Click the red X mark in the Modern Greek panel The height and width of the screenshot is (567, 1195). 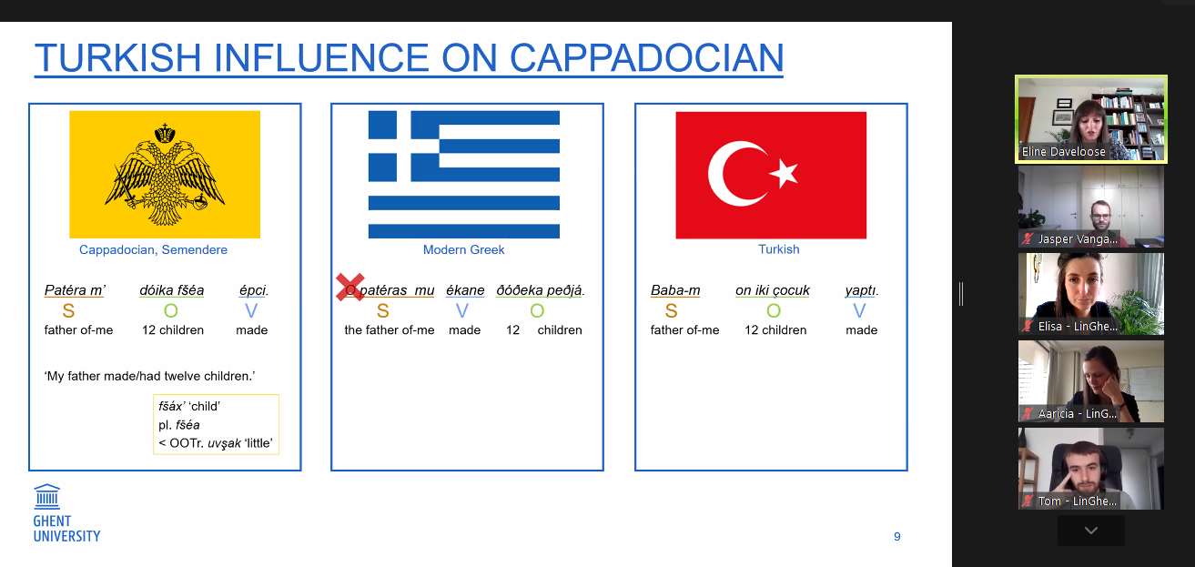(x=350, y=287)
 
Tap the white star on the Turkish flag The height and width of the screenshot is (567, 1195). (x=784, y=173)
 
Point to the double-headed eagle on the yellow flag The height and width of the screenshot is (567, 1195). (x=165, y=175)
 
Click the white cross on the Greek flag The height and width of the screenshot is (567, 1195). (x=403, y=147)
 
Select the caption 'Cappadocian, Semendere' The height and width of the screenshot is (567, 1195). (x=153, y=249)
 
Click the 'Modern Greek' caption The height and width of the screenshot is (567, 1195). (x=463, y=249)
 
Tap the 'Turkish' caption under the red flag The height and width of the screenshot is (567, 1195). (x=779, y=249)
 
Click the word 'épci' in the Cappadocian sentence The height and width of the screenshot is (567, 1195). (x=252, y=290)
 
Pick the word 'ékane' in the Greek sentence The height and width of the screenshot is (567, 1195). (x=465, y=290)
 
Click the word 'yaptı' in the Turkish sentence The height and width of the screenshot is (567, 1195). (x=860, y=290)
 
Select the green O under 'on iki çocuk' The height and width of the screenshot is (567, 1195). (x=774, y=310)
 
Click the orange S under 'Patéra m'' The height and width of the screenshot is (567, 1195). (x=68, y=310)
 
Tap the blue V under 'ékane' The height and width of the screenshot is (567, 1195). (x=462, y=310)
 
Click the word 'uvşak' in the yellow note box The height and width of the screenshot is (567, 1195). (x=224, y=443)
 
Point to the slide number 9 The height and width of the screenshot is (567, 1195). (x=897, y=537)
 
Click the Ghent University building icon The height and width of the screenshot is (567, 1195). (x=47, y=496)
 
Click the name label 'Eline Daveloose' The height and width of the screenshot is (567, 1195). (x=1063, y=151)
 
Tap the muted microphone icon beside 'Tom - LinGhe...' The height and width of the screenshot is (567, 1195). (x=1028, y=501)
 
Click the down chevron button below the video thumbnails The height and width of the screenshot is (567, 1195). (x=1091, y=531)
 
